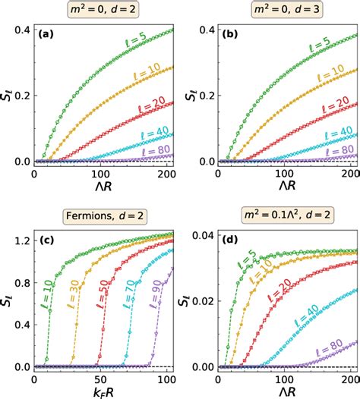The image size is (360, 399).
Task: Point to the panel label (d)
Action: point(231,241)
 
